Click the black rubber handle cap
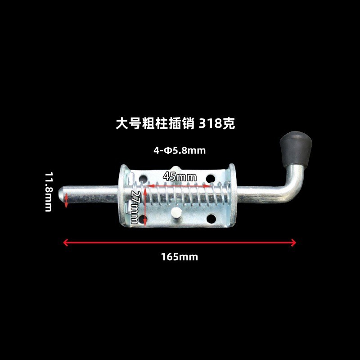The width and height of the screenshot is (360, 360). point(296,149)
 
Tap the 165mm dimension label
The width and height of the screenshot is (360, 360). point(180,257)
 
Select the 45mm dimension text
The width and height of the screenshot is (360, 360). point(180,177)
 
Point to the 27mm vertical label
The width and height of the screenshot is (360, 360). point(135,207)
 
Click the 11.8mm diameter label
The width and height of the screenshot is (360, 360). point(49,192)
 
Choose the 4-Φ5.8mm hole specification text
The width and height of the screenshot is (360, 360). point(180,151)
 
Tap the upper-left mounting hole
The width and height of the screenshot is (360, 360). point(143,178)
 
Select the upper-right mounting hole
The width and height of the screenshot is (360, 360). point(211,179)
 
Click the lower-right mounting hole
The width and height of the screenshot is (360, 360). point(211,219)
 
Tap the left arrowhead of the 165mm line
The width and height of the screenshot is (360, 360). point(66,243)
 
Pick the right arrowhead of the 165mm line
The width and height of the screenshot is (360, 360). point(293,243)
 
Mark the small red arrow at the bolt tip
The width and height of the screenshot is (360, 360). point(66,200)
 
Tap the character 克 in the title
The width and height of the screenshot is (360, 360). point(229,124)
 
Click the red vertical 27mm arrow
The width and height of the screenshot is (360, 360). point(145,207)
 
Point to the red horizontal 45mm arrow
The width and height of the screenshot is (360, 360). point(180,186)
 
